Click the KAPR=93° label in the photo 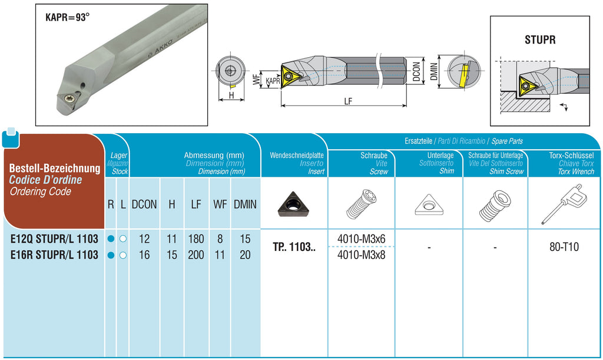(67, 17)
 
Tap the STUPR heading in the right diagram (540, 39)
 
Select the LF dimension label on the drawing (348, 101)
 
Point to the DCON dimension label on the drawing (416, 72)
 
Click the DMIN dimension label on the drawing (434, 71)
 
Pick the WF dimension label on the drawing (256, 80)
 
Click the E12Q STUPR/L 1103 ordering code (54, 239)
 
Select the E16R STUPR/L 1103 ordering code (54, 255)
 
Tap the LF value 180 (196, 239)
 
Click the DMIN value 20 (245, 255)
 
